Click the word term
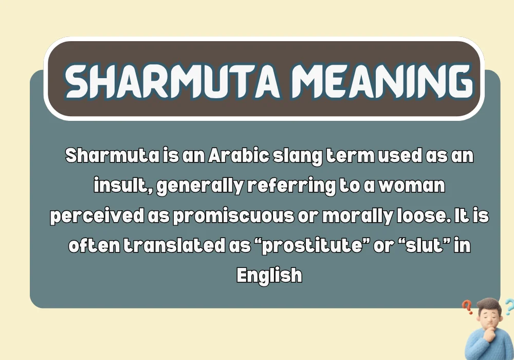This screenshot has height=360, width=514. click(x=349, y=156)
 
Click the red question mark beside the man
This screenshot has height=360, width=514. click(x=467, y=307)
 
